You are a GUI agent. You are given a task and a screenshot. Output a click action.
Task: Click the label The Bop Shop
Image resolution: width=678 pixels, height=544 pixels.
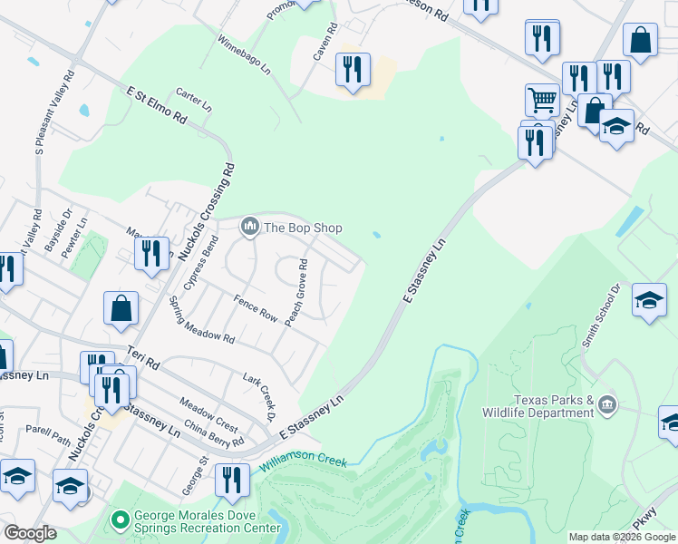(x=303, y=228)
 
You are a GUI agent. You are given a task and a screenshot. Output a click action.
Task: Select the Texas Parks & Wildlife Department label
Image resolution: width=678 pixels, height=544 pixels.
(x=553, y=406)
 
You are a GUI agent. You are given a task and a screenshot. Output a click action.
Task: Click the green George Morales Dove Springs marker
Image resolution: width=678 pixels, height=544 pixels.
(x=119, y=520)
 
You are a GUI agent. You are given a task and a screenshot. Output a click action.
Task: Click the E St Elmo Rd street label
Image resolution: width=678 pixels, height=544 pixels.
(x=156, y=106)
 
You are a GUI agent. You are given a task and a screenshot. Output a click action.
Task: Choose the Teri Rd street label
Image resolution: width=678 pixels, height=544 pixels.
(x=143, y=356)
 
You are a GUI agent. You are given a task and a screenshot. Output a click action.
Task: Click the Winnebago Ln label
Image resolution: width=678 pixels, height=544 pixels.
(x=244, y=53)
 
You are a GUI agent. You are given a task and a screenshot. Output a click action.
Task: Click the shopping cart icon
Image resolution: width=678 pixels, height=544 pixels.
(x=542, y=98)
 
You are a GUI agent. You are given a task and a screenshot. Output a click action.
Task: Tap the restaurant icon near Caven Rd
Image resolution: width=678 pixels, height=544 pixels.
(x=352, y=69)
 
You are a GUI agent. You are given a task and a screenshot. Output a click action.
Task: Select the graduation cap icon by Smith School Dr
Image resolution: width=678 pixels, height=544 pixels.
(x=649, y=299)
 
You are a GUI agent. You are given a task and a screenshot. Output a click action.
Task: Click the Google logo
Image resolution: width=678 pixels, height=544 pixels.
(x=30, y=533)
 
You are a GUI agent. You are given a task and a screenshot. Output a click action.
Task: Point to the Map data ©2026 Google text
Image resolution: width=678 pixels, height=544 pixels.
(x=622, y=537)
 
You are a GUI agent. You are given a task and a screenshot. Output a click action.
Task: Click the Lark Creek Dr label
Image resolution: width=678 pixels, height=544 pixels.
(x=258, y=395)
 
